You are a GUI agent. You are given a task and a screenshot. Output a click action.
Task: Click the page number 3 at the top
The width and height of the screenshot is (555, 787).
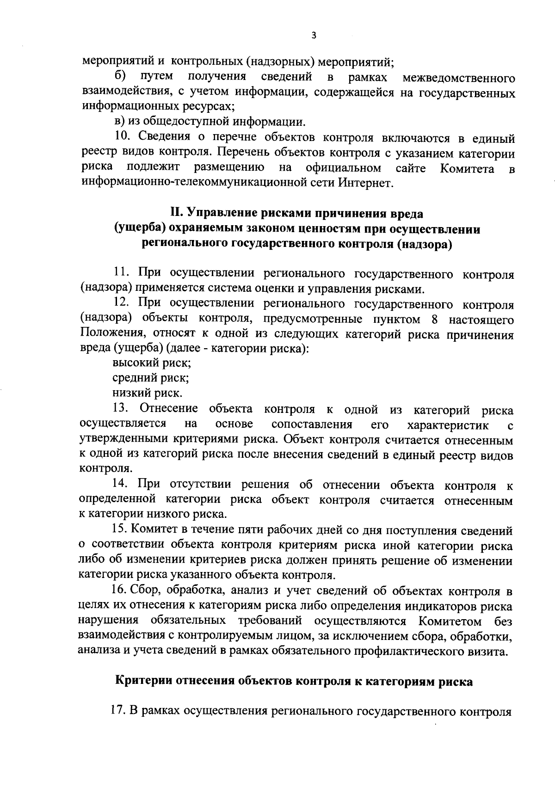click(314, 36)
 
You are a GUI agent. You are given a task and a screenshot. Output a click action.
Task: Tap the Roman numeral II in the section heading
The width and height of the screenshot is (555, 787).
click(176, 214)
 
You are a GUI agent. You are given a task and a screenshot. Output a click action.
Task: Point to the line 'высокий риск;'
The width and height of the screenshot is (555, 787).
click(152, 363)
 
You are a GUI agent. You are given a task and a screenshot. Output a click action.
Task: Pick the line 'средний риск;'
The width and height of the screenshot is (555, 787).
click(151, 378)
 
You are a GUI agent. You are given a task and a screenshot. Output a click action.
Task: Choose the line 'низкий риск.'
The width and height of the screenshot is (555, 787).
click(148, 393)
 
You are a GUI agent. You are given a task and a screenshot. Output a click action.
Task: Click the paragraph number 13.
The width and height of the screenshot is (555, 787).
click(121, 409)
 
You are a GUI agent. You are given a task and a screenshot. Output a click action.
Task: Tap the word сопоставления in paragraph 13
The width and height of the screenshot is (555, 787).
click(312, 424)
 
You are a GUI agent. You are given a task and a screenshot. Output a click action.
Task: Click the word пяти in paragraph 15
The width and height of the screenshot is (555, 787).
click(238, 530)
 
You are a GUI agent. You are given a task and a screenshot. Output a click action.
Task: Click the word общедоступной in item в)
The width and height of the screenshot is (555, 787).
click(179, 122)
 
